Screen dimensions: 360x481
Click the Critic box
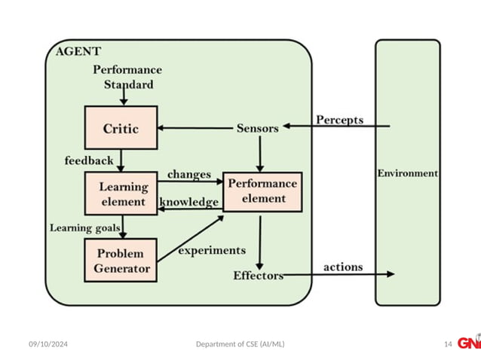(121, 128)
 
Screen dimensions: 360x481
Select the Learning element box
(121, 194)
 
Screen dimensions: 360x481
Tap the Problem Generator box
(121, 261)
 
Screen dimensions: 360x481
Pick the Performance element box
(262, 191)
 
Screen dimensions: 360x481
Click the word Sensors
(257, 128)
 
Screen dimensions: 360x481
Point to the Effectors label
(258, 276)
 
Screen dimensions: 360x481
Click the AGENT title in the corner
(78, 51)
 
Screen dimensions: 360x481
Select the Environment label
(407, 172)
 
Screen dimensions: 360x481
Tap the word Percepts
(339, 120)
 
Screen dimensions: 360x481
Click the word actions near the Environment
(343, 267)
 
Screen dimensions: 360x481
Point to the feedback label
(88, 160)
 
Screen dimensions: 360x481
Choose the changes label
(188, 174)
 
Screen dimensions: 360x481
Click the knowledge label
(189, 202)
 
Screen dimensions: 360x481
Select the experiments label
(212, 250)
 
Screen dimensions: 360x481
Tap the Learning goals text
(81, 227)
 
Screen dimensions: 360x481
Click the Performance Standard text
(127, 77)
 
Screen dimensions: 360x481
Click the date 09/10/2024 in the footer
(48, 344)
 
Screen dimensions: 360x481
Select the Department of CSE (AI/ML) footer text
(240, 344)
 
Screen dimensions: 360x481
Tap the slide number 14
(448, 344)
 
